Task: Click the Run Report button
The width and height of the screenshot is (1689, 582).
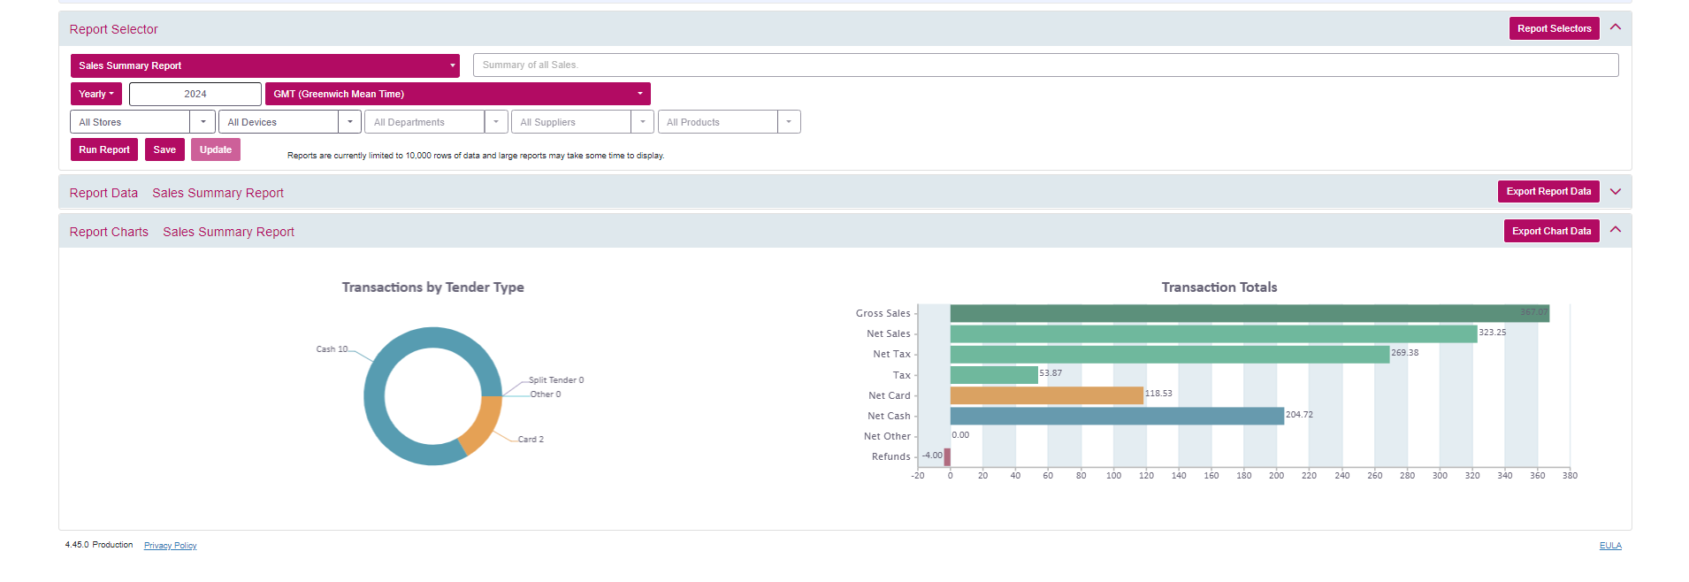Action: coord(104,150)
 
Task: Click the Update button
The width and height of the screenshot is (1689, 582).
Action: coord(216,150)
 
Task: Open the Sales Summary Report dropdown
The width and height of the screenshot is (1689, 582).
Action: coord(265,65)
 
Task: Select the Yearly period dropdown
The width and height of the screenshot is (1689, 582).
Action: coord(96,94)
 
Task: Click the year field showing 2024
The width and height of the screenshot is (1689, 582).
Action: coord(195,94)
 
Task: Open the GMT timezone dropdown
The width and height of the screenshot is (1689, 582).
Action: coord(458,94)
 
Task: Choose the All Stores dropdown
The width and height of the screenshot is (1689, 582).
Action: coord(142,122)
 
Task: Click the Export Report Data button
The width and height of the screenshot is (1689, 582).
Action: coord(1548,192)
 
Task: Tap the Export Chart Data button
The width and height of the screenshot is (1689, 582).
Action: coord(1551,232)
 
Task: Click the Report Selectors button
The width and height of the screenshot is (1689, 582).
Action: coord(1554,29)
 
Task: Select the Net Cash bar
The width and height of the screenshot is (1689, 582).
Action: coord(1117,416)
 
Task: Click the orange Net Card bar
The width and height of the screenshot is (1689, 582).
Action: coord(1047,395)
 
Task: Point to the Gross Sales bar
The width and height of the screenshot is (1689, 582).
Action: coord(1250,313)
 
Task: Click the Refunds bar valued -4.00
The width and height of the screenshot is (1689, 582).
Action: coord(947,456)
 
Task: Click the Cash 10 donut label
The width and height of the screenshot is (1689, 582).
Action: coord(332,349)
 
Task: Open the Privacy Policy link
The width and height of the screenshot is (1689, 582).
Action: coord(171,546)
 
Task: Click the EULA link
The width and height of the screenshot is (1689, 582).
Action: coord(1610,546)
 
